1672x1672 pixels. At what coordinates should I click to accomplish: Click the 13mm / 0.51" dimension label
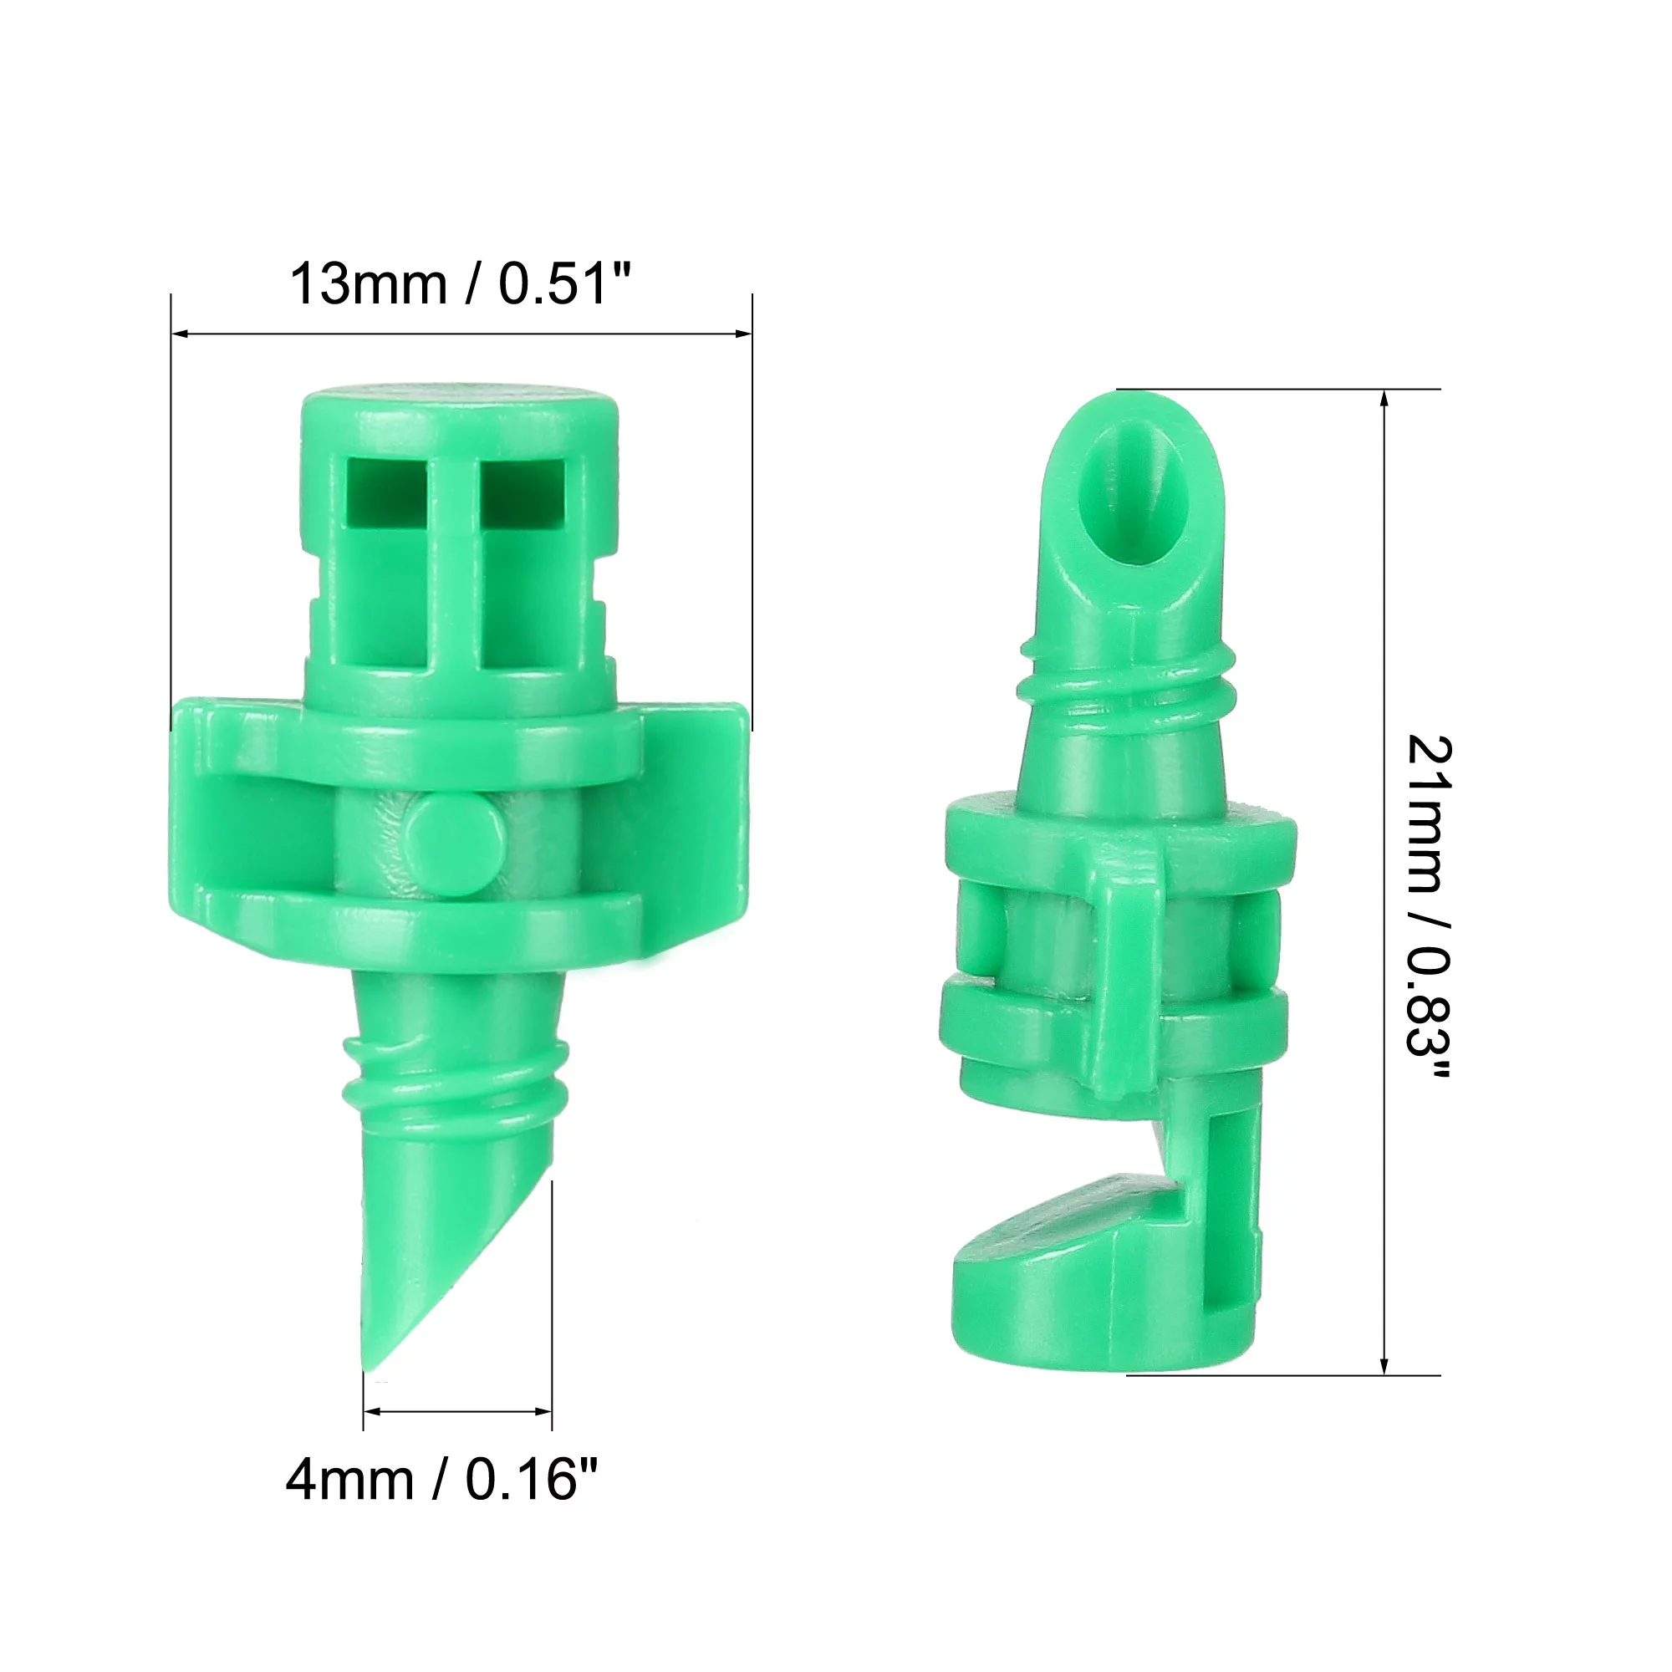[x=461, y=283]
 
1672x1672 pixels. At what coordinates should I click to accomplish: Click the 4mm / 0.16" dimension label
[x=442, y=1479]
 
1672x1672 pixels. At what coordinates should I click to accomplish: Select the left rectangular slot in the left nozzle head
[x=386, y=492]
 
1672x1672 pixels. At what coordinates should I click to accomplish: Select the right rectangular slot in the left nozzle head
[x=522, y=492]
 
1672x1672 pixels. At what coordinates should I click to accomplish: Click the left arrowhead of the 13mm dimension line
[x=178, y=334]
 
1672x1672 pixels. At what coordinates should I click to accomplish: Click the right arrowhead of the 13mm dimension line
[x=743, y=334]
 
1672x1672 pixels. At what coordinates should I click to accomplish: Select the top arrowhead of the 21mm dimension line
[x=1384, y=398]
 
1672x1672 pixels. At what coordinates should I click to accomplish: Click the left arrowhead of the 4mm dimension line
[x=370, y=1411]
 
